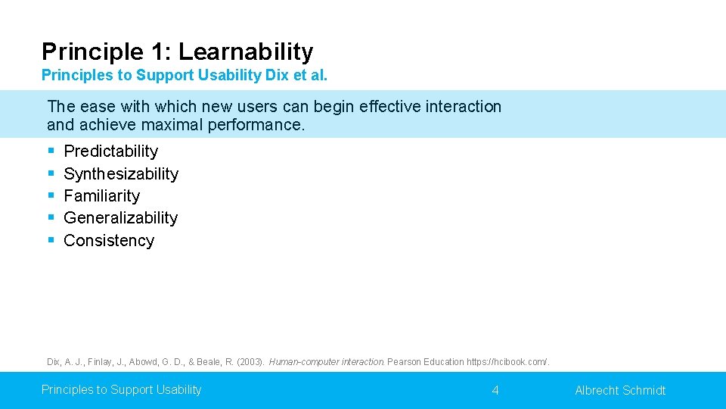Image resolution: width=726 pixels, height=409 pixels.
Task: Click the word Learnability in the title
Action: [x=245, y=52]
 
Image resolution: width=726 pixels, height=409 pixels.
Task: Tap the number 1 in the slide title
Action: [x=158, y=52]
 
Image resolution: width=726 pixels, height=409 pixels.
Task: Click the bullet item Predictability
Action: [x=110, y=151]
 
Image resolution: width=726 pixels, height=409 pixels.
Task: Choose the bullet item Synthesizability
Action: [x=121, y=174]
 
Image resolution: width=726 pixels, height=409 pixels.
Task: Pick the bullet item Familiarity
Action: [x=101, y=196]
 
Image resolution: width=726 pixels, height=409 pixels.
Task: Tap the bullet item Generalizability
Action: [x=120, y=218]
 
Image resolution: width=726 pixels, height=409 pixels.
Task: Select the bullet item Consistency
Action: [x=109, y=241]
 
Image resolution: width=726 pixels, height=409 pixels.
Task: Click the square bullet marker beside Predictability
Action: [x=51, y=151]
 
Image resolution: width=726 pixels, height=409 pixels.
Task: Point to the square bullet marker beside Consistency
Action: [x=51, y=241]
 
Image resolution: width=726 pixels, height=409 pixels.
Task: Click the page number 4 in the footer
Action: [x=495, y=391]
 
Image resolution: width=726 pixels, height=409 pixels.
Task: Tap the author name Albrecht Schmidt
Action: [x=620, y=391]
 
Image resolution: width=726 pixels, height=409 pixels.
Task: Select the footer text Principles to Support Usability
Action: [x=121, y=390]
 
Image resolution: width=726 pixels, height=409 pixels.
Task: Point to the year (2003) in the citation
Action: [x=250, y=362]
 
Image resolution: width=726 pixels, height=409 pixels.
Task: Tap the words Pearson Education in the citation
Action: [x=426, y=362]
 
